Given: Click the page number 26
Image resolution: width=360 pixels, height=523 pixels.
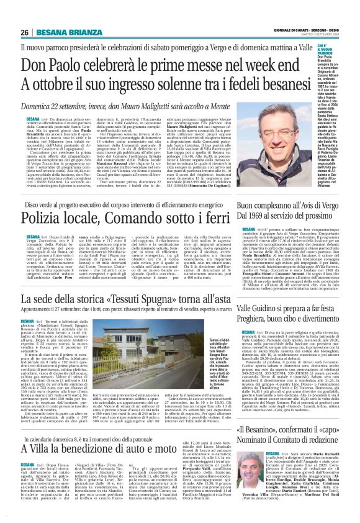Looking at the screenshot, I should [x=25, y=32].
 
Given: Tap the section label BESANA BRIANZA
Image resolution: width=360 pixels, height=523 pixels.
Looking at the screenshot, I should [x=61, y=32].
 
